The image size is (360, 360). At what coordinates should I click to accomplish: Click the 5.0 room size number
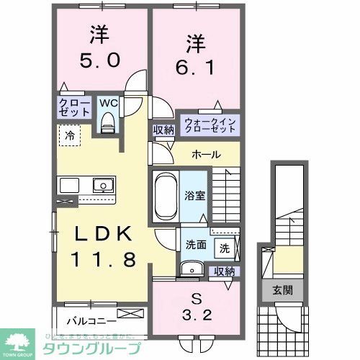click(x=100, y=61)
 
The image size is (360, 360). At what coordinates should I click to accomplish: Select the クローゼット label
click(x=74, y=108)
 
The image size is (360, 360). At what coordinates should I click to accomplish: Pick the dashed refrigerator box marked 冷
click(x=71, y=135)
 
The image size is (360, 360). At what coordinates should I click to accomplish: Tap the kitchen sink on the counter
click(x=103, y=185)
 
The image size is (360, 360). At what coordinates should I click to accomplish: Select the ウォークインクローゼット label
click(x=209, y=124)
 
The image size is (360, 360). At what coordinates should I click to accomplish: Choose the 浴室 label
click(x=193, y=194)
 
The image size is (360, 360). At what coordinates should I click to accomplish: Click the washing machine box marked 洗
click(x=224, y=248)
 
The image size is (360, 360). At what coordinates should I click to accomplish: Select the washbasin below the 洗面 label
click(x=191, y=269)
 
